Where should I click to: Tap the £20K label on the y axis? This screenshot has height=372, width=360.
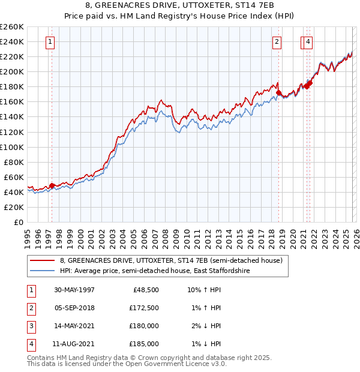(13, 207)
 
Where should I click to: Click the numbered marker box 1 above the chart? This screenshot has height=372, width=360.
(49, 42)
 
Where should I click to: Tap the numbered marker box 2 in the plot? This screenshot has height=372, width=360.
(277, 42)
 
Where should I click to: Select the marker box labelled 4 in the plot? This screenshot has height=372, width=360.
(308, 42)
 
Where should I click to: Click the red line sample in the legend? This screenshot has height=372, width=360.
(42, 260)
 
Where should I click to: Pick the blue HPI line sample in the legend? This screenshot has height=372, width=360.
(42, 271)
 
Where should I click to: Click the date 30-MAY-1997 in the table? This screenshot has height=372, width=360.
(74, 290)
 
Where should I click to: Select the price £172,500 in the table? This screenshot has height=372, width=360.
(144, 308)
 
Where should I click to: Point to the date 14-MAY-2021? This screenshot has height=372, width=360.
(74, 326)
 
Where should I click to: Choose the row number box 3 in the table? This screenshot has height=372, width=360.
(29, 326)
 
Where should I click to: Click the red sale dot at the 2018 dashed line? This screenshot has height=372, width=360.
(278, 92)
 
